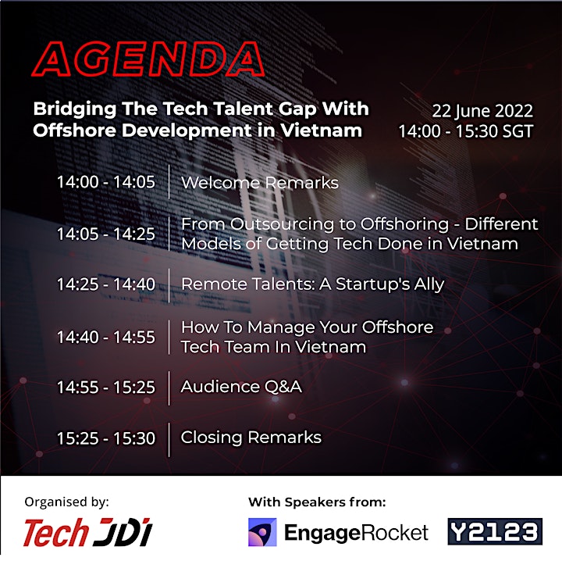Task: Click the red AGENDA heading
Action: (x=148, y=59)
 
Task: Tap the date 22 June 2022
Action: (x=482, y=111)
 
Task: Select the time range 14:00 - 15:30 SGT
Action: (x=466, y=131)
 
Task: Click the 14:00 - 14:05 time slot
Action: (x=105, y=182)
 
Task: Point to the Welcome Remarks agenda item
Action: (x=260, y=183)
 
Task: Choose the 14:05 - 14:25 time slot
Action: (x=105, y=234)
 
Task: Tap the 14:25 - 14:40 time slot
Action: (x=105, y=284)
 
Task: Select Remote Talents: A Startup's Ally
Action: (x=312, y=284)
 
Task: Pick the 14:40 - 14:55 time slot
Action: (x=105, y=337)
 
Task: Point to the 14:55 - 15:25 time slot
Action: (x=105, y=387)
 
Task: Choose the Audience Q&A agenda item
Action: (x=241, y=387)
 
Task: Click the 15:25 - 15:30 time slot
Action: (x=105, y=438)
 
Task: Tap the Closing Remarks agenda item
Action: (x=251, y=438)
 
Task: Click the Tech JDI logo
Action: (x=88, y=532)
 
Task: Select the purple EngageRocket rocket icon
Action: (x=262, y=532)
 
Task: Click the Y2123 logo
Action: (x=495, y=531)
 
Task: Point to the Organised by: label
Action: (x=66, y=502)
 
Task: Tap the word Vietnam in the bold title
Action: (x=321, y=130)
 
